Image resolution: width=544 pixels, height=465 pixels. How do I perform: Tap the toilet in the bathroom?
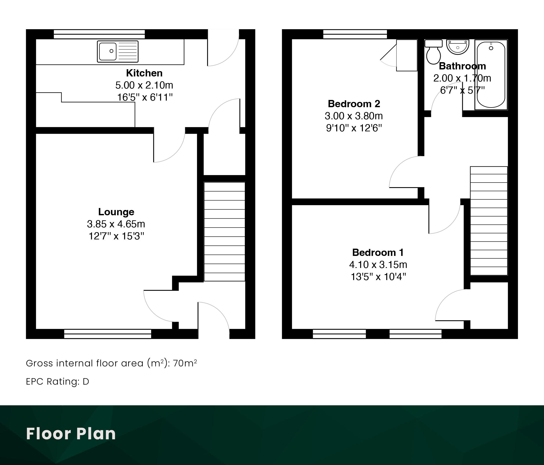point(433,52)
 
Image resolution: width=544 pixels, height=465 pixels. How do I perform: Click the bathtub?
point(491,75)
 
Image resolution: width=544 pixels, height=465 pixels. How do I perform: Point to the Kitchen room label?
point(144,73)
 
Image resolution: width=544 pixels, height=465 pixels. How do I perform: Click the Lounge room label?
point(116,212)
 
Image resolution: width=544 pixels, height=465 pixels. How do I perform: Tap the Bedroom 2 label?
point(354,104)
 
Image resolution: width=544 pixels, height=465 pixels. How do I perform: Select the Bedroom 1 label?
point(378,252)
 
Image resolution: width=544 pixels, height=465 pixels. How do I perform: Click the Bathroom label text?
point(462,66)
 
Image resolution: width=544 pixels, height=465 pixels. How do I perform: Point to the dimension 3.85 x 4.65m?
point(116,224)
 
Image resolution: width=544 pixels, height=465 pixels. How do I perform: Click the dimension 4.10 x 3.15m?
point(378,264)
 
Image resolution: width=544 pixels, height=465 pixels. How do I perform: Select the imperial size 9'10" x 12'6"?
point(354,128)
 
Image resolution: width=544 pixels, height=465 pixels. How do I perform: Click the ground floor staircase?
point(224,232)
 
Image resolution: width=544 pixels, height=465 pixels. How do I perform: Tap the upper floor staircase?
point(489,221)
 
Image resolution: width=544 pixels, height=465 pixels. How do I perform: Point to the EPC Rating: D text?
point(57,381)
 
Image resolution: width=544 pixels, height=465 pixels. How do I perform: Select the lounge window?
point(108,334)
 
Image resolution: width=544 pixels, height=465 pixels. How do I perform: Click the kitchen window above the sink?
point(99,34)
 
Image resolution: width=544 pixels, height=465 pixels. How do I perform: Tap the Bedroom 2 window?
point(355,34)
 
